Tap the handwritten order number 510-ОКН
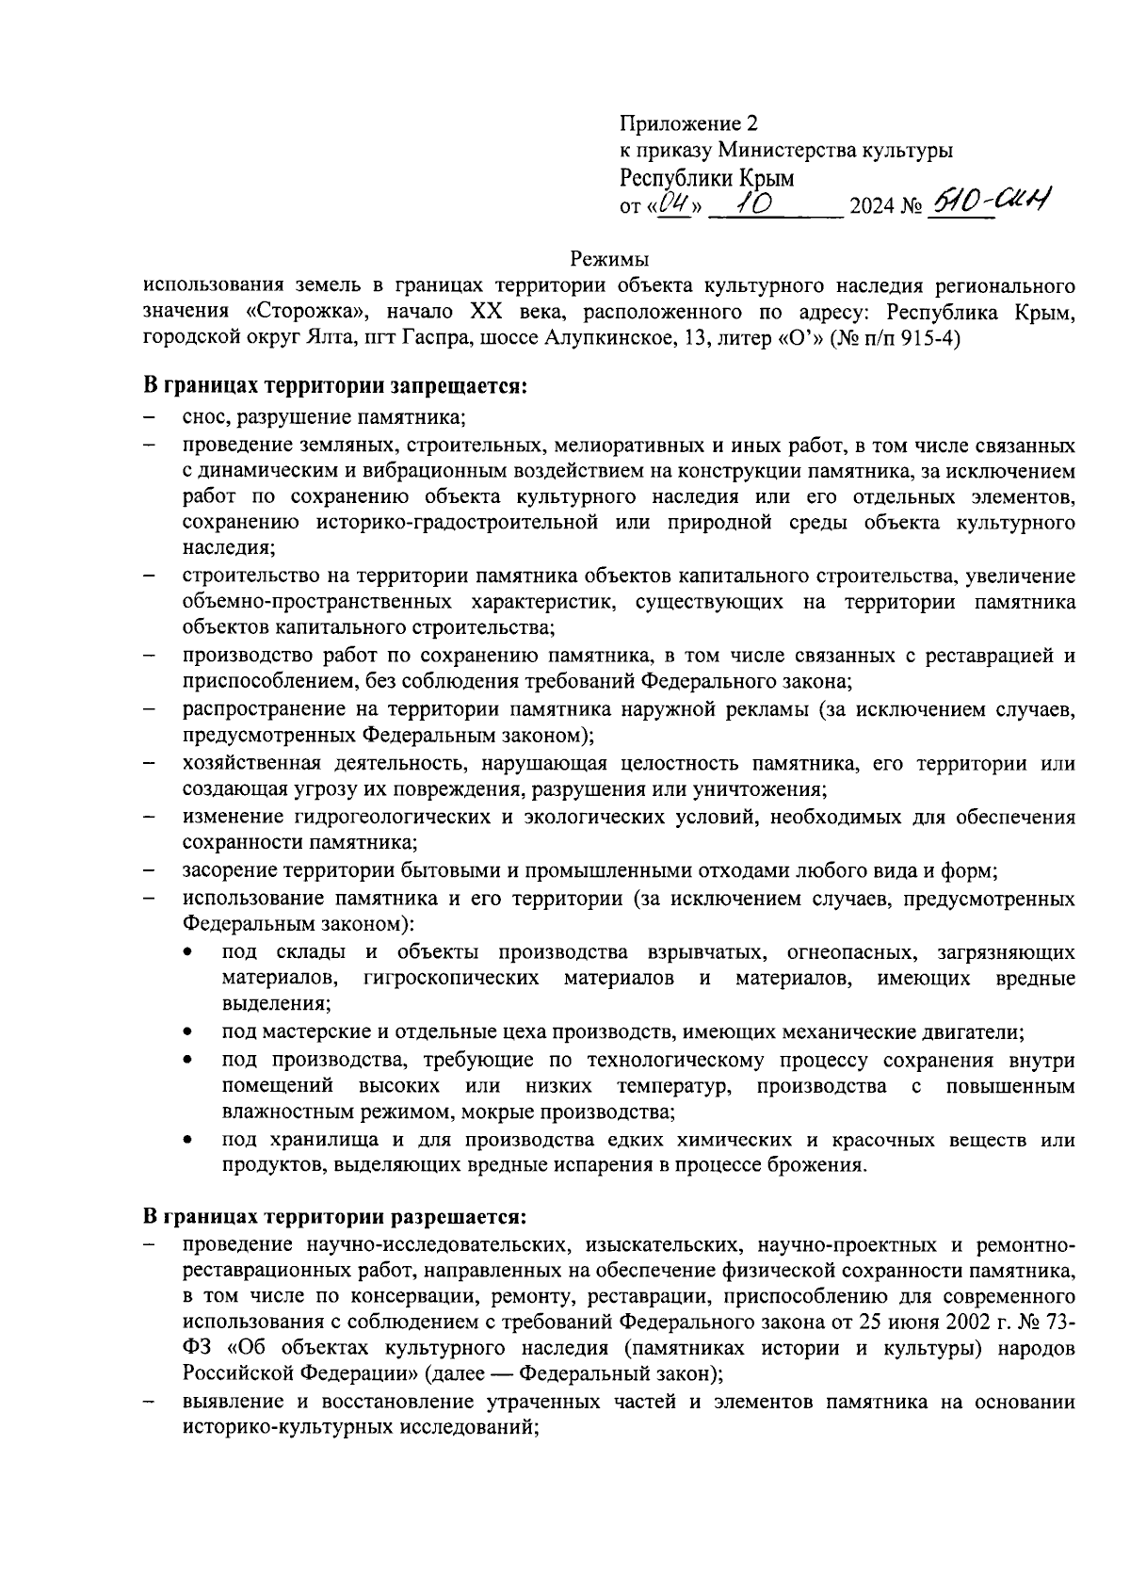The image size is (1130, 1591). pyautogui.click(x=989, y=200)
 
